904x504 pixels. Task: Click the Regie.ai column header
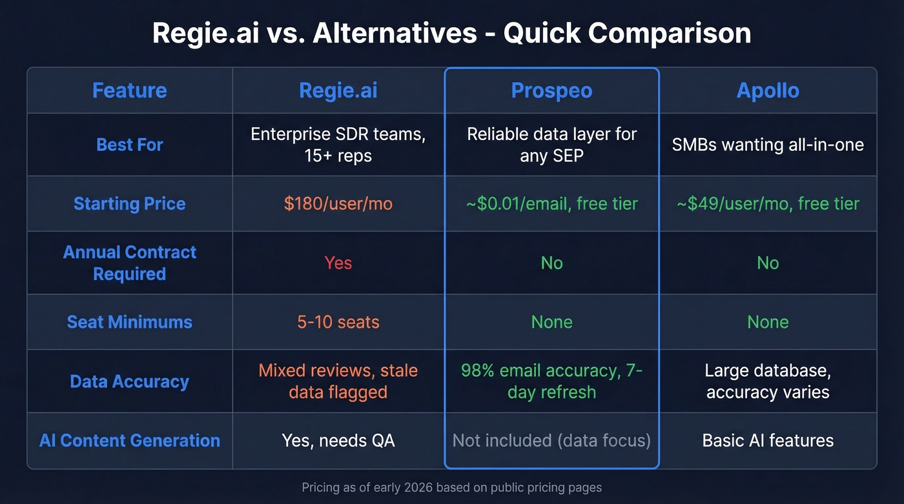pyautogui.click(x=338, y=90)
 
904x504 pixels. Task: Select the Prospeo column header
pyautogui.click(x=551, y=90)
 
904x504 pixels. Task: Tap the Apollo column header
pyautogui.click(x=768, y=90)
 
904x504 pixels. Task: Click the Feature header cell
pyautogui.click(x=129, y=90)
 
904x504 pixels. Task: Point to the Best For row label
pyautogui.click(x=129, y=145)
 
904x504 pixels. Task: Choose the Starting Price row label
pyautogui.click(x=129, y=204)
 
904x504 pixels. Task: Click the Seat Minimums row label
pyautogui.click(x=129, y=322)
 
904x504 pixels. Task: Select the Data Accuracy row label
pyautogui.click(x=129, y=381)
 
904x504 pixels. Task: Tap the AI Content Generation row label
pyautogui.click(x=129, y=441)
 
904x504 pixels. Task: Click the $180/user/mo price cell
pyautogui.click(x=338, y=204)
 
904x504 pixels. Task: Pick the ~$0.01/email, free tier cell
pyautogui.click(x=551, y=204)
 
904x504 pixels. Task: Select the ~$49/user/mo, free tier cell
pyautogui.click(x=768, y=204)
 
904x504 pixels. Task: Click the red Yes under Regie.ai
pyautogui.click(x=338, y=263)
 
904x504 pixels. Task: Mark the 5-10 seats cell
pyautogui.click(x=338, y=322)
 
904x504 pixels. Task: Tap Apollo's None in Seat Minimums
pyautogui.click(x=768, y=322)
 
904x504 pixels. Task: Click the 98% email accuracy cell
pyautogui.click(x=551, y=381)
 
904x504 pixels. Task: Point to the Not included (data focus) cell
pyautogui.click(x=551, y=441)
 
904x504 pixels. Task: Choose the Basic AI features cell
pyautogui.click(x=768, y=441)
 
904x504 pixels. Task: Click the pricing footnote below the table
pyautogui.click(x=451, y=487)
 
